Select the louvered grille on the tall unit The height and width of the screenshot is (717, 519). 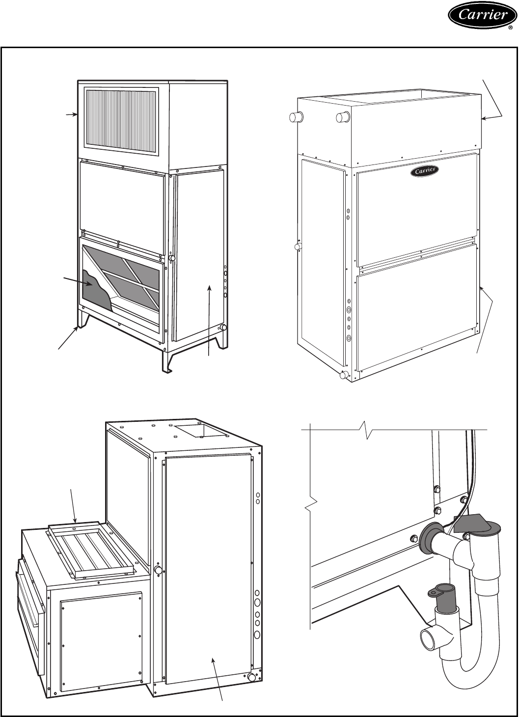(x=122, y=116)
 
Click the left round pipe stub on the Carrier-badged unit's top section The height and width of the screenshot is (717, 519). (x=296, y=117)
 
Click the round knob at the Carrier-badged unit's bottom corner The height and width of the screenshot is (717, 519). (x=344, y=375)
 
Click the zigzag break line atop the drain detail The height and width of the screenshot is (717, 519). (x=366, y=428)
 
